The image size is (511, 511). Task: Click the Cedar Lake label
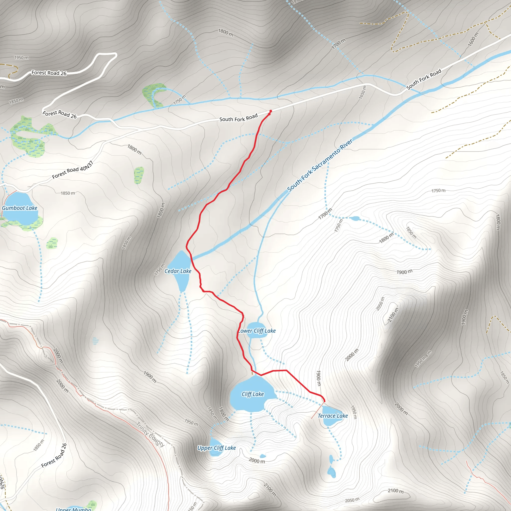[x=178, y=271]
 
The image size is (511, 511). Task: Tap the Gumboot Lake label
[x=19, y=208]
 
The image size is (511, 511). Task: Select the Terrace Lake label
[x=333, y=416]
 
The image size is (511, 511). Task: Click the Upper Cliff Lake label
[x=216, y=448]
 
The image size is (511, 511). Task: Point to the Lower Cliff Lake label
[x=257, y=331]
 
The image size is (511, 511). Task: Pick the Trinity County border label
[x=150, y=435]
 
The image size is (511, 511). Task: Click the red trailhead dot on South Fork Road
[x=270, y=111]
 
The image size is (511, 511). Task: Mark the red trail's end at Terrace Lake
[x=324, y=401]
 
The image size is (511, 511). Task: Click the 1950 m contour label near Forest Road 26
[x=21, y=57]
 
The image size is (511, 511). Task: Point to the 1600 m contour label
[x=473, y=39]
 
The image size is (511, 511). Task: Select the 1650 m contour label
[x=363, y=92]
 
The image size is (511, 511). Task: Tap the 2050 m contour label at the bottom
[x=352, y=500]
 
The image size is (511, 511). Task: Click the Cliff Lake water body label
[x=253, y=394]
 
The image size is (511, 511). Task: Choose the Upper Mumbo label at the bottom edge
[x=74, y=509]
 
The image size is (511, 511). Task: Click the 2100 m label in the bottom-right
[x=395, y=491]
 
